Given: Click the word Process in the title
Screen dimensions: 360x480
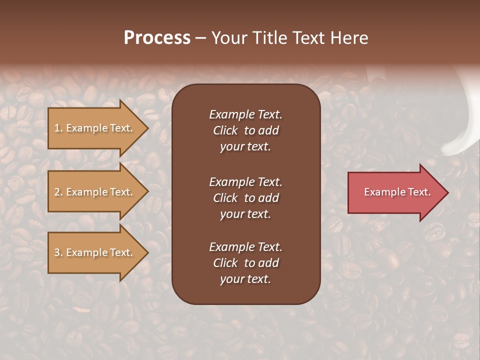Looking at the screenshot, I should [157, 38].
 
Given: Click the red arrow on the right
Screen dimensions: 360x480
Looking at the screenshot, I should [395, 192].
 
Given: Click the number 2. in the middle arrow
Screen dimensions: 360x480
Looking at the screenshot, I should [58, 192].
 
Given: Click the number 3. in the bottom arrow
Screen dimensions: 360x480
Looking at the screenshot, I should [58, 252].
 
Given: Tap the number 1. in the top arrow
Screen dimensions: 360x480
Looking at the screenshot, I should [58, 128].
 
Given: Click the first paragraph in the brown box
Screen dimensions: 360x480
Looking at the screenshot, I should [245, 130].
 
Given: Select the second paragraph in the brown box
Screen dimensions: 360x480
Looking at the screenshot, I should [245, 198].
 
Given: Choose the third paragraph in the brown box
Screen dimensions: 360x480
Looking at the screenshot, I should [245, 263].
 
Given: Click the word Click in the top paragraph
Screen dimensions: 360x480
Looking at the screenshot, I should [225, 130].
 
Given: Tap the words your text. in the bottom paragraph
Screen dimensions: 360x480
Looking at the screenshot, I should [245, 279].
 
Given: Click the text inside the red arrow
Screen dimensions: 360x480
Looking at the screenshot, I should [397, 192].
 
